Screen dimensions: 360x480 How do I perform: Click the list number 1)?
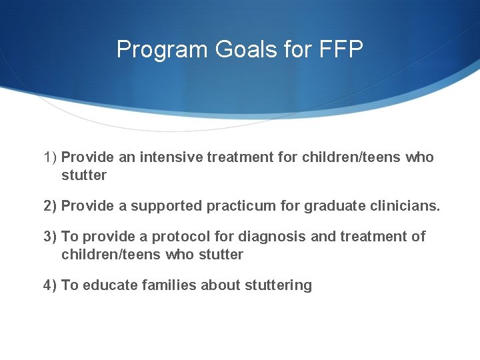click(x=51, y=157)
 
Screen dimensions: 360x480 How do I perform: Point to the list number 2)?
click(x=51, y=206)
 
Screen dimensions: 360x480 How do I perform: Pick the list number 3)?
click(x=51, y=237)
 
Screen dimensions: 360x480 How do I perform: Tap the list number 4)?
click(x=51, y=285)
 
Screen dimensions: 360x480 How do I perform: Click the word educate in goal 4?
click(x=107, y=285)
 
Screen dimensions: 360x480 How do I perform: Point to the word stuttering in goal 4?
click(x=279, y=285)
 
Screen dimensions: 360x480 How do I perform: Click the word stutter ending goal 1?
click(x=84, y=175)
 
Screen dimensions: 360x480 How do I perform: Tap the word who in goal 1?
click(x=419, y=157)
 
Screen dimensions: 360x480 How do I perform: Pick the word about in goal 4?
click(x=221, y=285)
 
